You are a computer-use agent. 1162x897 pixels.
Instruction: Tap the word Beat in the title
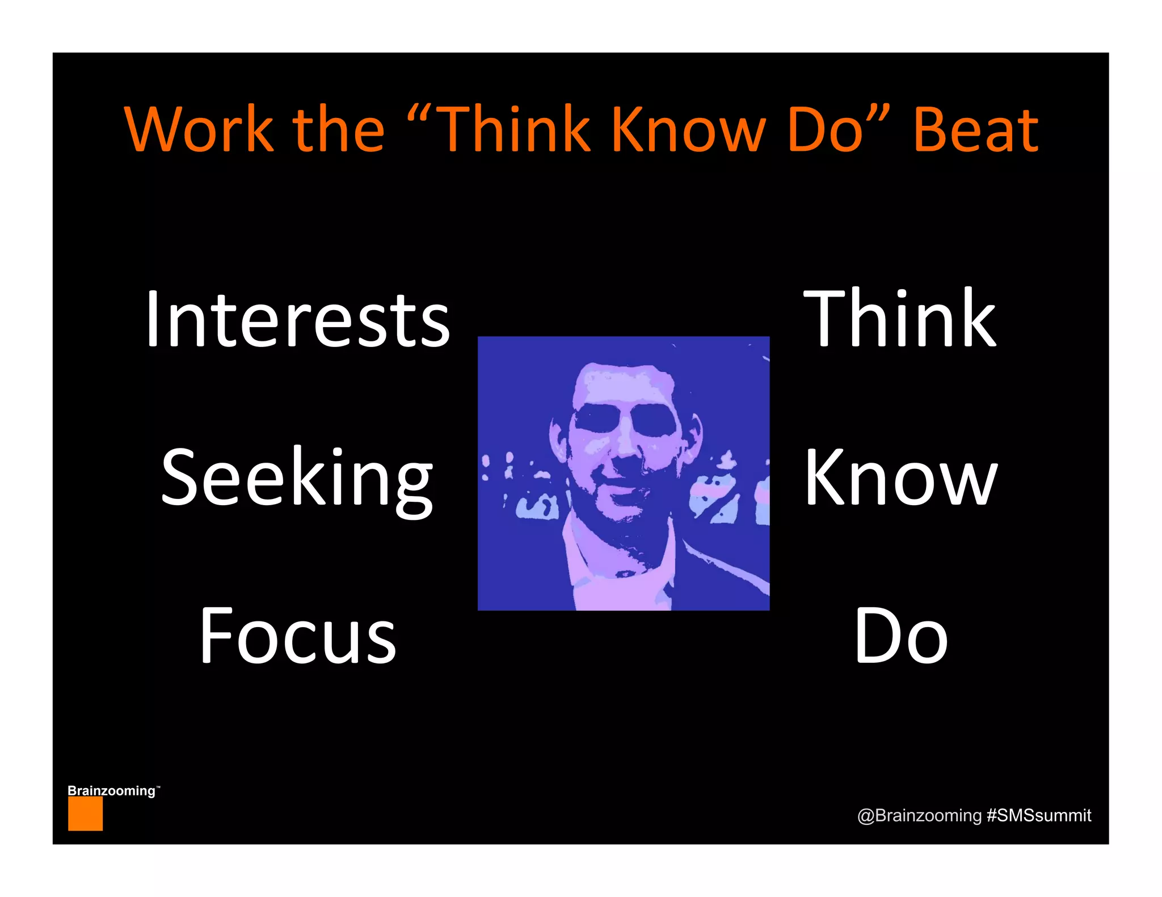coord(976,130)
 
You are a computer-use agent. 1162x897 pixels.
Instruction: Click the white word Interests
coord(297,319)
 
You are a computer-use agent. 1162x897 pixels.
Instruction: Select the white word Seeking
coord(297,479)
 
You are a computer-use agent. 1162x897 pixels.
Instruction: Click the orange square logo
coord(85,814)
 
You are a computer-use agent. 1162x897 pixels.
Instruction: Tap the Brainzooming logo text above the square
coord(112,790)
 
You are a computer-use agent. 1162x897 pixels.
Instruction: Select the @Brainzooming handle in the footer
coord(919,815)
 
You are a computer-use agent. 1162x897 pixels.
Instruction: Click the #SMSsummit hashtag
coord(1039,815)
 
